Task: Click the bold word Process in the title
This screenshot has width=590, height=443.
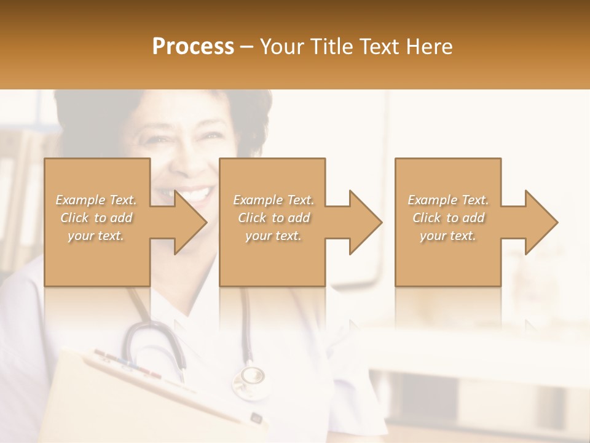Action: [193, 47]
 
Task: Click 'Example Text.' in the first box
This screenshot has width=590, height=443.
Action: [96, 200]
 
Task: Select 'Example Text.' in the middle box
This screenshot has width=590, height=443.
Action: [273, 200]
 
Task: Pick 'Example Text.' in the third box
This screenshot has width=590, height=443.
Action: [448, 200]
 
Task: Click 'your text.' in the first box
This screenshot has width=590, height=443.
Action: [96, 236]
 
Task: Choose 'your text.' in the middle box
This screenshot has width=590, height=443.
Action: [273, 236]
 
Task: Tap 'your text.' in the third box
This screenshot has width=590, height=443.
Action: [448, 236]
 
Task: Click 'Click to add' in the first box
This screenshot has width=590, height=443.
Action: [96, 218]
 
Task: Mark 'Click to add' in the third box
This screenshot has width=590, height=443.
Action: [448, 218]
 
